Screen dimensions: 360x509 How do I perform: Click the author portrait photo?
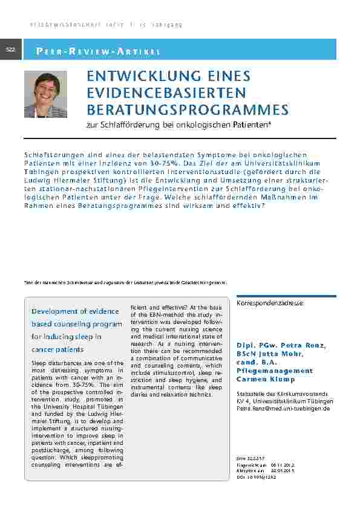coord(46,94)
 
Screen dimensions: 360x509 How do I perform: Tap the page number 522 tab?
coord(11,49)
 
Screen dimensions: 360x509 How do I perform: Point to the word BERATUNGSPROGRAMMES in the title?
coord(179,109)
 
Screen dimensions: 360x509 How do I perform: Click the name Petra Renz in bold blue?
coord(302,345)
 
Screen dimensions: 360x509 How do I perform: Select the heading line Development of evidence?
coord(75,311)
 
